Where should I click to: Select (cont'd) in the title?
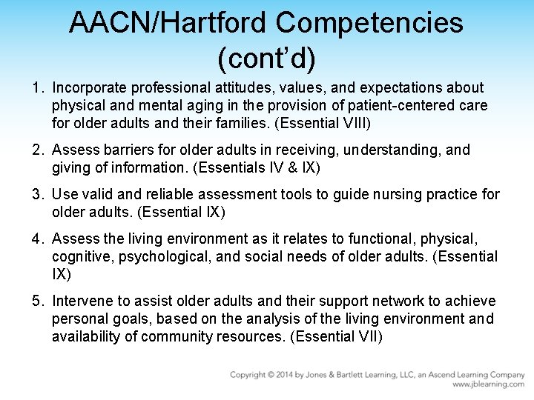pos(266,56)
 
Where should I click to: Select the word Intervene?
pos(83,301)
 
